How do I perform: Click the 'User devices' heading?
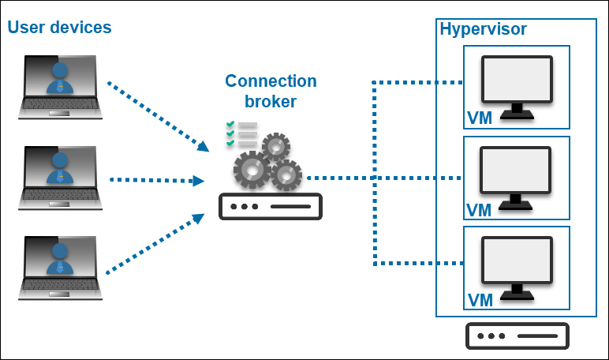point(60,28)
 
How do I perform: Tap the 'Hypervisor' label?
point(482,30)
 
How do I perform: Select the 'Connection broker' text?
point(271,91)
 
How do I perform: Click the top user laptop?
point(61,86)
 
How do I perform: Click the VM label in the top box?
point(480,119)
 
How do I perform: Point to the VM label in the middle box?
point(480,210)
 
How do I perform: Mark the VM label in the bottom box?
point(480,300)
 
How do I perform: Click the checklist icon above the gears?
point(241,135)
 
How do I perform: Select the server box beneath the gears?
point(270,207)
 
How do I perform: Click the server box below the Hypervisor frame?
point(517,336)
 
